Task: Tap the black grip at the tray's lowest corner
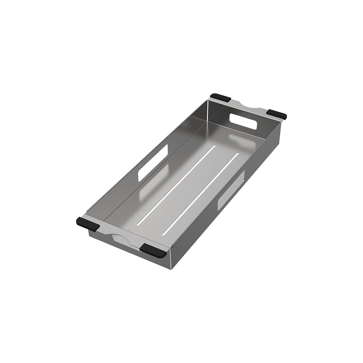coord(153,250)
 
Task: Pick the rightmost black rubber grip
coord(277,114)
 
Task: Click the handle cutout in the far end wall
coord(243,121)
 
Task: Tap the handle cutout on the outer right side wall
coord(231,190)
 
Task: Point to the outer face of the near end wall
coord(131,250)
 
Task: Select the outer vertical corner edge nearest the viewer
coord(170,260)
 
